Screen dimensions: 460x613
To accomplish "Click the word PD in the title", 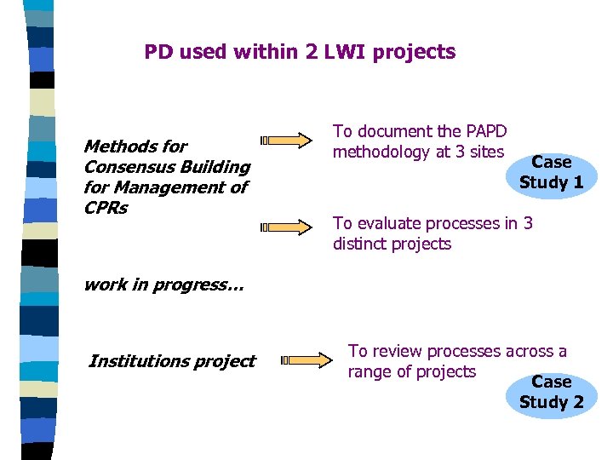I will pyautogui.click(x=158, y=52).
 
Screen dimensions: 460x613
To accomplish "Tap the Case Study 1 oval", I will pyautogui.click(x=551, y=172).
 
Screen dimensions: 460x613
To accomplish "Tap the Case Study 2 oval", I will pyautogui.click(x=551, y=392).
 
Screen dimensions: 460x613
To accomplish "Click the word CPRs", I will pyautogui.click(x=106, y=208).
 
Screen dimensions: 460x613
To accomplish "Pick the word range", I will pyautogui.click(x=369, y=372).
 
